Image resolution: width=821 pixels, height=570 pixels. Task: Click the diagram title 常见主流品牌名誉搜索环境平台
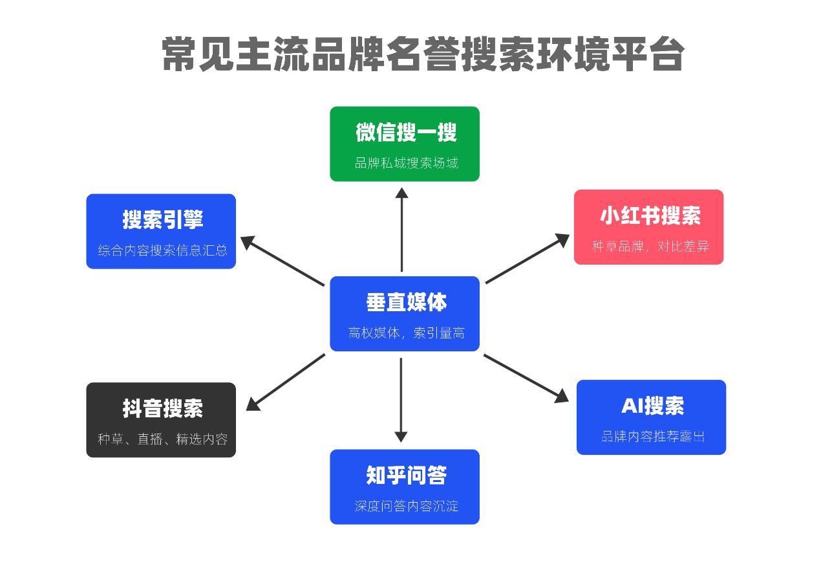click(x=423, y=54)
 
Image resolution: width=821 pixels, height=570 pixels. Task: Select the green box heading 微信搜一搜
click(x=406, y=133)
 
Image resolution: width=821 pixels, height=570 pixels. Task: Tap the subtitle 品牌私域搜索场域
click(x=406, y=163)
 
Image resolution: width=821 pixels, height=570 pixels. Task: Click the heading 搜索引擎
click(x=162, y=219)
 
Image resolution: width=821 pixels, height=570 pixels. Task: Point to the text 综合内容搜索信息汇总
click(x=162, y=250)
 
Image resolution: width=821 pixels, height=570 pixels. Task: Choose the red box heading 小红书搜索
click(x=650, y=215)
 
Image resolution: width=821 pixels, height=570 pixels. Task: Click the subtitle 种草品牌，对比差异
click(x=650, y=247)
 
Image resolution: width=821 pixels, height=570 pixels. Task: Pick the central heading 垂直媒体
click(x=406, y=302)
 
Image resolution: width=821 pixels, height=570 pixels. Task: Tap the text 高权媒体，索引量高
click(x=406, y=334)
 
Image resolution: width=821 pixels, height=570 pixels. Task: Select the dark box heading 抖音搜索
click(x=162, y=408)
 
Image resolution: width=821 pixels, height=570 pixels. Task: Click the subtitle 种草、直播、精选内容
click(x=162, y=439)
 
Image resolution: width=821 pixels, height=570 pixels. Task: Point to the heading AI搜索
click(x=652, y=406)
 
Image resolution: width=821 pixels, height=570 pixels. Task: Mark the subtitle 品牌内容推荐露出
click(x=652, y=437)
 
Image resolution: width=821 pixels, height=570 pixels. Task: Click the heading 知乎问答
click(x=406, y=476)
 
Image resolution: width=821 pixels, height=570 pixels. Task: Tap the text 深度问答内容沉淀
click(x=406, y=507)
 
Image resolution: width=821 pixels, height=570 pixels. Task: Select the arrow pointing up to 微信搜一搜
click(x=401, y=230)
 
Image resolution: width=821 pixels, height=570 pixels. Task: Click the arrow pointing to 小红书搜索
click(x=527, y=259)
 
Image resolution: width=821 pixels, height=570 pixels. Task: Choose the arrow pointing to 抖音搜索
click(x=286, y=382)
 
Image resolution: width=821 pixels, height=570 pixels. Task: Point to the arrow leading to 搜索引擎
click(x=283, y=261)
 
